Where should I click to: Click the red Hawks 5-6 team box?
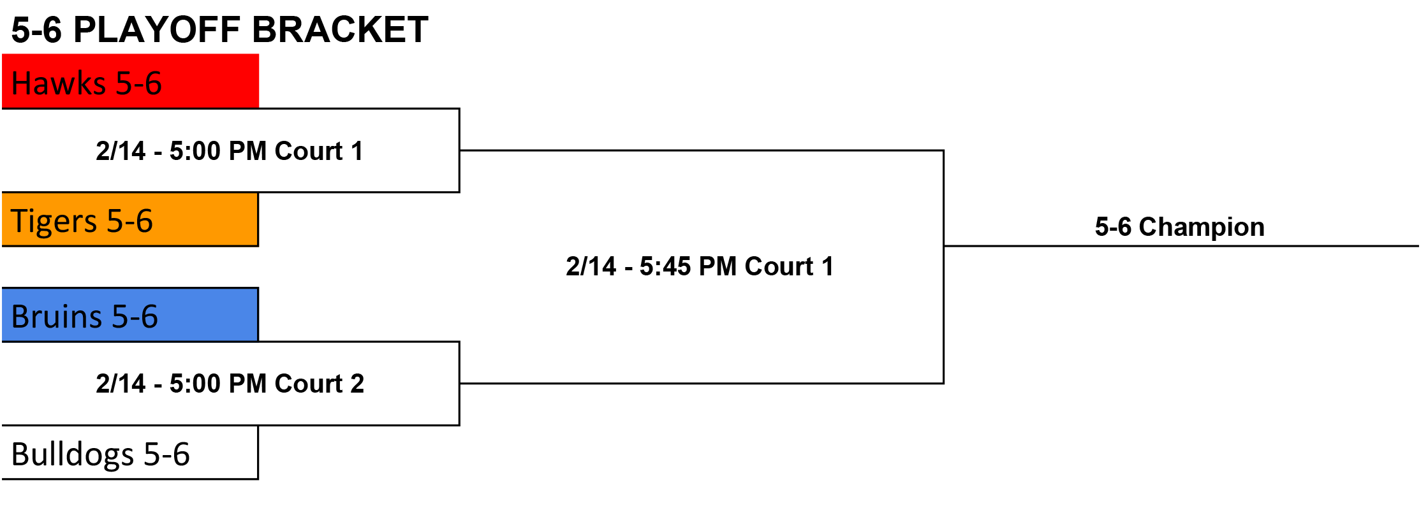click(130, 81)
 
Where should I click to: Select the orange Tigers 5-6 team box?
click(130, 219)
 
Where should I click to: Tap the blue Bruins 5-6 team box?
click(130, 315)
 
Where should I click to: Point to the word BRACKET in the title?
click(340, 30)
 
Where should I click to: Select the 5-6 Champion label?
click(1179, 227)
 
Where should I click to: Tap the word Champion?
click(1202, 227)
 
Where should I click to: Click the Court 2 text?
click(320, 384)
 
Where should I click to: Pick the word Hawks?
click(59, 83)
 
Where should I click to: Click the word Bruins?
click(57, 317)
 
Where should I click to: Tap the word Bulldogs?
click(73, 455)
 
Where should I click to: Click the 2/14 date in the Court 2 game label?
click(121, 384)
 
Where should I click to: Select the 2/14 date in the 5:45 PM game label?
click(591, 266)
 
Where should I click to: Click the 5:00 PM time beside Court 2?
click(219, 384)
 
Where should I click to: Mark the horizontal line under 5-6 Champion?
click(1181, 245)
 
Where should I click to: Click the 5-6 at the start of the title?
click(36, 30)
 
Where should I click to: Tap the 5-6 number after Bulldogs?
click(166, 454)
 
